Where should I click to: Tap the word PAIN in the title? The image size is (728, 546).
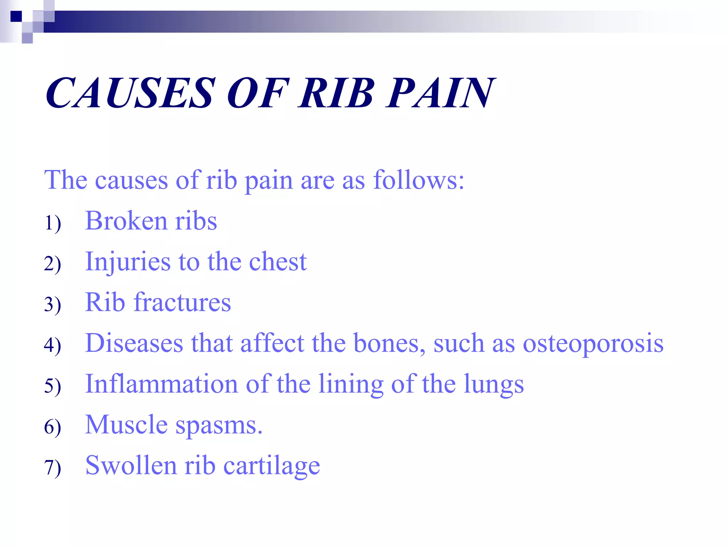tap(440, 93)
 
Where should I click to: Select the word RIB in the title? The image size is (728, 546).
tap(336, 93)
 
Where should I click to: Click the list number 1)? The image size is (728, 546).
tap(53, 223)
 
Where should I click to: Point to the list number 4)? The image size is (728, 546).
tap(53, 345)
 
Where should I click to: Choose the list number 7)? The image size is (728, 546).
tap(53, 467)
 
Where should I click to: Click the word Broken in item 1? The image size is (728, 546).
tap(126, 221)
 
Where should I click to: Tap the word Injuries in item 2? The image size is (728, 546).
tap(128, 262)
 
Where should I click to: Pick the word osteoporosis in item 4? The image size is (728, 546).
tap(593, 344)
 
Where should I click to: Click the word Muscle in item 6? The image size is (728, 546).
tap(127, 425)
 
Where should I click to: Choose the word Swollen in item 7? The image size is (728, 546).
tap(131, 466)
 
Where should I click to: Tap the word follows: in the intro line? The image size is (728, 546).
tap(419, 180)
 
